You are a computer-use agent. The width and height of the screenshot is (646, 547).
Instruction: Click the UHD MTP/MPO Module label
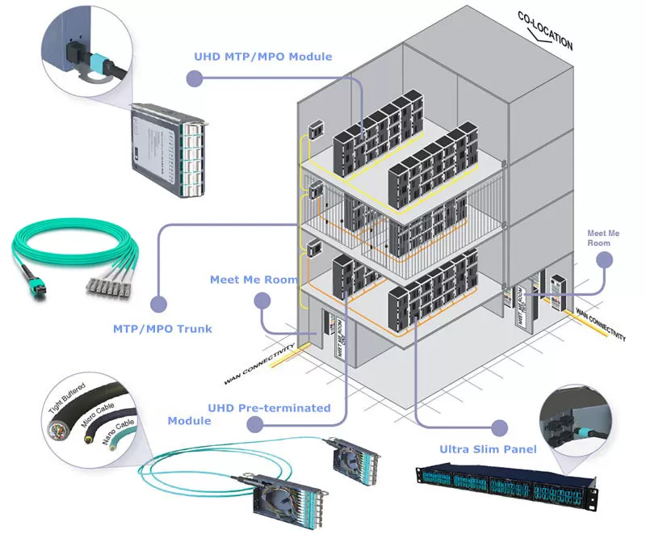tap(263, 57)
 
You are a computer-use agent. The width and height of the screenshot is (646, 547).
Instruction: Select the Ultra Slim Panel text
tap(488, 448)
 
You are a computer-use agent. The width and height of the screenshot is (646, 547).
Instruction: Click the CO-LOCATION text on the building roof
tap(547, 32)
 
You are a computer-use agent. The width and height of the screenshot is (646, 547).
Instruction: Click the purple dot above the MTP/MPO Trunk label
tap(159, 305)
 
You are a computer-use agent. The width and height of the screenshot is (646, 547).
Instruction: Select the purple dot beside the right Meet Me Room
tap(602, 260)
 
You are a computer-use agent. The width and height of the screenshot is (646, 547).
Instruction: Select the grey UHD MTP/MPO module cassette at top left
tap(166, 141)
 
